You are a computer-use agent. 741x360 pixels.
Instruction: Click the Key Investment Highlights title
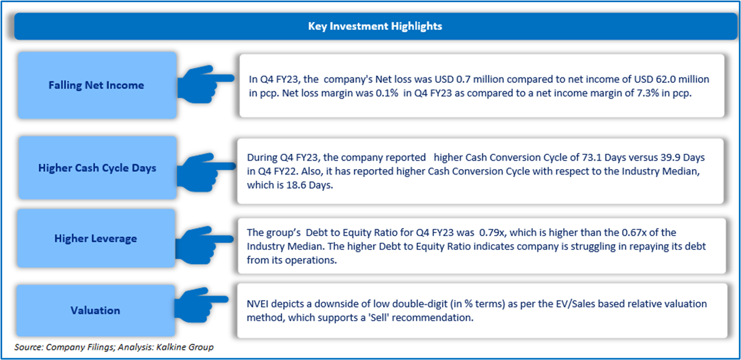click(x=375, y=26)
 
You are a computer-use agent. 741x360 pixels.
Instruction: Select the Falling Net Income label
click(x=96, y=85)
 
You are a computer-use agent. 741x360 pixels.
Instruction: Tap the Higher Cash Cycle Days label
click(x=97, y=168)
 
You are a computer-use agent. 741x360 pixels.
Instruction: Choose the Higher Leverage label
click(x=95, y=238)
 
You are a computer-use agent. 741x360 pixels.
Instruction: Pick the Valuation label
click(x=95, y=310)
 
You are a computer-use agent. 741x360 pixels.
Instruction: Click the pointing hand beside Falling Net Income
click(x=206, y=84)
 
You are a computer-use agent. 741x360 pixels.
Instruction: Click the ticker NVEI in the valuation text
click(x=258, y=304)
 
